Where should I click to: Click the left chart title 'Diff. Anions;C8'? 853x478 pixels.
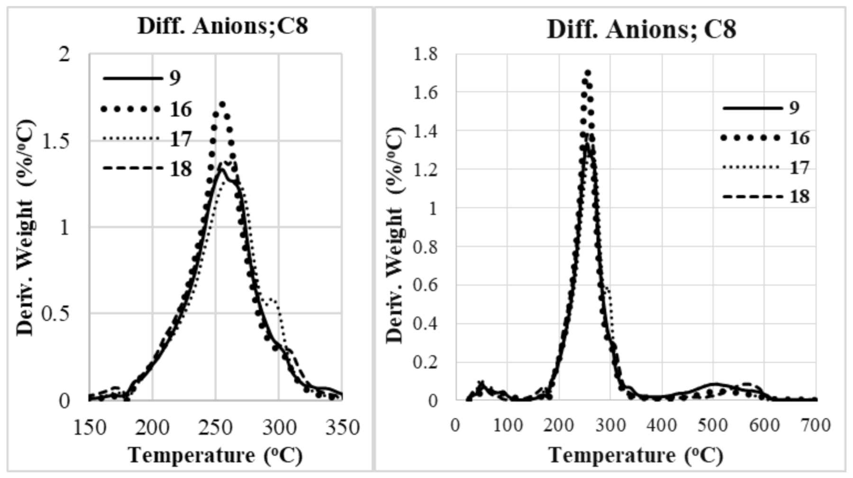(223, 26)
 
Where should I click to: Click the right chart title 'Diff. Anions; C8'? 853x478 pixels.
(641, 29)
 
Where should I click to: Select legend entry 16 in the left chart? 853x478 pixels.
(181, 109)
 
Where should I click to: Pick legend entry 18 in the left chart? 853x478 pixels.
(181, 168)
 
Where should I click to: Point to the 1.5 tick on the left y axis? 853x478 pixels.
(56, 141)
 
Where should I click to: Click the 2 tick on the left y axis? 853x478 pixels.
(64, 54)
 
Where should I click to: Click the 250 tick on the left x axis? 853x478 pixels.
(216, 427)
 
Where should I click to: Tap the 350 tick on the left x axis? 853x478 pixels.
(342, 427)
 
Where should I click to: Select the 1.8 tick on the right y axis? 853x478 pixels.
(426, 54)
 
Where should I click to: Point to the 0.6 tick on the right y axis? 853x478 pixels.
(426, 285)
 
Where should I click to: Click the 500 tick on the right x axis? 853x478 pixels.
(713, 425)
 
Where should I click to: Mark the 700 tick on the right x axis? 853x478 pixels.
(816, 425)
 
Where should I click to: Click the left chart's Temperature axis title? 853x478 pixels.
(216, 455)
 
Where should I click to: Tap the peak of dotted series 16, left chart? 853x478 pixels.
(221, 104)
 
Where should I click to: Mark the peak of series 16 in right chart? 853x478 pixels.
(588, 73)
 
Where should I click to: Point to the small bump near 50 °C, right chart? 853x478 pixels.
(481, 383)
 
